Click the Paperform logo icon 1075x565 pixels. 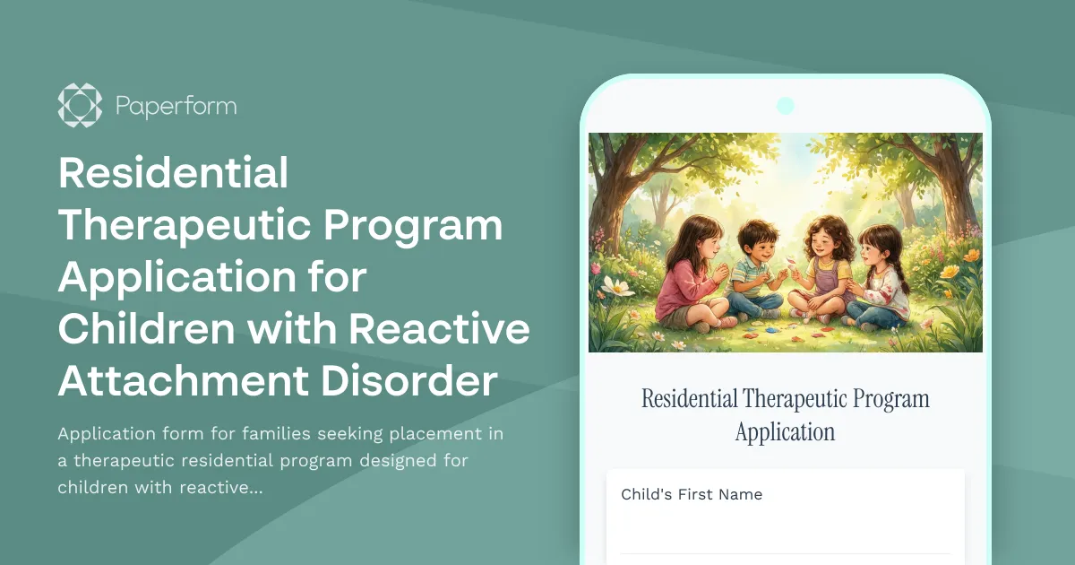80,105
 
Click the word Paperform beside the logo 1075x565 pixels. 176,106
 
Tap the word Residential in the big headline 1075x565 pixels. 173,173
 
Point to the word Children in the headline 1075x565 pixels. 147,330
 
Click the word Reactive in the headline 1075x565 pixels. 439,330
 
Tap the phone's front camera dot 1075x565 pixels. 785,105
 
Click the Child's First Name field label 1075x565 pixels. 691,494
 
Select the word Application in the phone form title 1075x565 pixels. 785,431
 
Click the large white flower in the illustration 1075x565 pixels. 617,286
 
